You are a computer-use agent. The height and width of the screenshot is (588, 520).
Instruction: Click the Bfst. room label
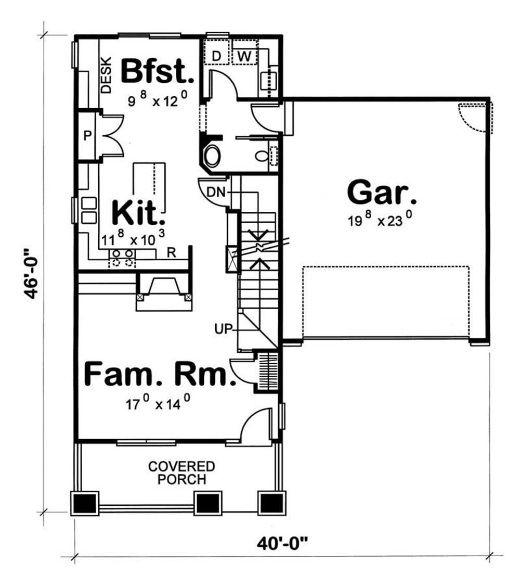point(158,72)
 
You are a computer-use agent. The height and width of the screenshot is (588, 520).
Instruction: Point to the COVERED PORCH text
point(181,472)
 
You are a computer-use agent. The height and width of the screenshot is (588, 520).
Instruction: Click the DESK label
point(106,74)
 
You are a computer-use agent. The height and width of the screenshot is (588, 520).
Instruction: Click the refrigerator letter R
point(170,253)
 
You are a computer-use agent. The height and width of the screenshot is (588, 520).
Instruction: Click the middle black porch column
point(208,503)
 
